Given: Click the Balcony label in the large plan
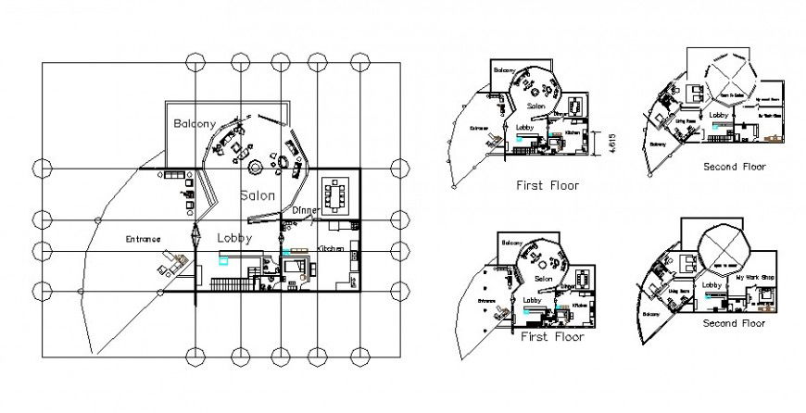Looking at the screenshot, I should (x=194, y=123).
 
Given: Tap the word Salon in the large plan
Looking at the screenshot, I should (x=257, y=195).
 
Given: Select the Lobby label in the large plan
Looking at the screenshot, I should (x=234, y=238).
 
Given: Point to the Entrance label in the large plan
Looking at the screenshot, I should (x=144, y=239).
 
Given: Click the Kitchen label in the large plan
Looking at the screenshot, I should (x=331, y=249).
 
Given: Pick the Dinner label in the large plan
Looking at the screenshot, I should (x=306, y=211).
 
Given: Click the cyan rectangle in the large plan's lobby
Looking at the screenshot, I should (x=223, y=261).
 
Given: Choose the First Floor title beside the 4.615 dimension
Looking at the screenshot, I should (x=547, y=185).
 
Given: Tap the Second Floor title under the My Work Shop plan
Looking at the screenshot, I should (x=732, y=323).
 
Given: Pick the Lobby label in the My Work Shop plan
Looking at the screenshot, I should (x=712, y=284).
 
